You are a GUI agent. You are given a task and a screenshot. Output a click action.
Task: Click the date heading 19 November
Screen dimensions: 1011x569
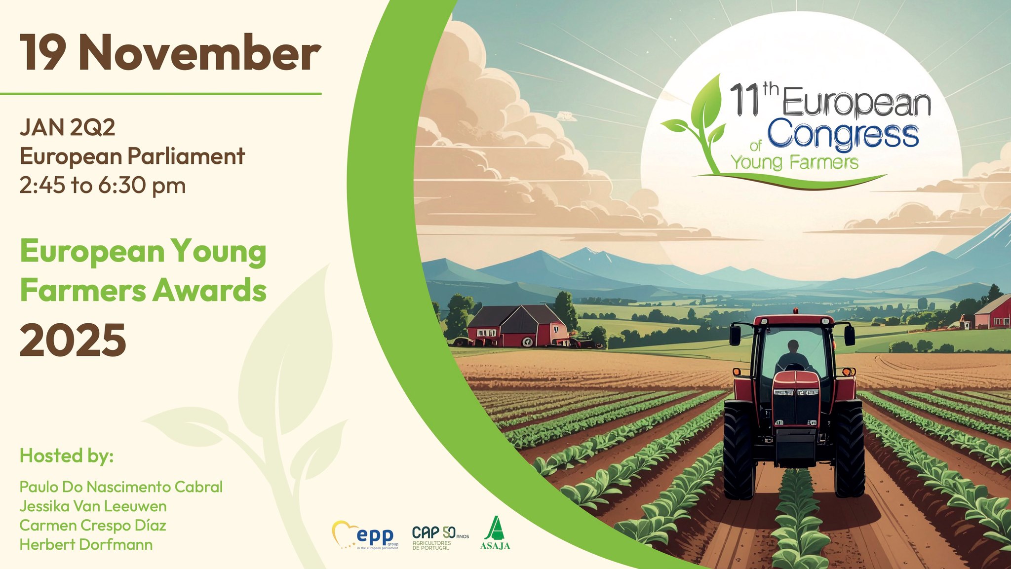tap(170, 53)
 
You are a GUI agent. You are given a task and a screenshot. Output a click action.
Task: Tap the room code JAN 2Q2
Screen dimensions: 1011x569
tap(68, 127)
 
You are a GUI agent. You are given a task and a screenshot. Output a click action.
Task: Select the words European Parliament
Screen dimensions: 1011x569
tap(132, 157)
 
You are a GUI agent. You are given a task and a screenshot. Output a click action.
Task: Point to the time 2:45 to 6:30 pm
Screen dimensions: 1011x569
tap(103, 186)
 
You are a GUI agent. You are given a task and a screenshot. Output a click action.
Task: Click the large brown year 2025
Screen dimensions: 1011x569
tap(73, 340)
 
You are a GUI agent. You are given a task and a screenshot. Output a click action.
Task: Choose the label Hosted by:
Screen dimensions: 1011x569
tap(67, 456)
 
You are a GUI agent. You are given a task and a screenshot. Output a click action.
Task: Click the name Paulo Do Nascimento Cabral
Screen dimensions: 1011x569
tap(121, 487)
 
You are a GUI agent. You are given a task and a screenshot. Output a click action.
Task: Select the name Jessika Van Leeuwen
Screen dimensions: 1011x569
tap(93, 506)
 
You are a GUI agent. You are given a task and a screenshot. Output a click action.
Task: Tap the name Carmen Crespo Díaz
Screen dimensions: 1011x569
tap(93, 526)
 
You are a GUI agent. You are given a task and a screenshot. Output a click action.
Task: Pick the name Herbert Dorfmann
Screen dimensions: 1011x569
tap(86, 545)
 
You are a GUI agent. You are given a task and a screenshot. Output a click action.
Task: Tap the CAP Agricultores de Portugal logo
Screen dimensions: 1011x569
tap(440, 537)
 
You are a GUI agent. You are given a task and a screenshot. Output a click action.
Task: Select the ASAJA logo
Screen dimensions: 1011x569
tap(495, 533)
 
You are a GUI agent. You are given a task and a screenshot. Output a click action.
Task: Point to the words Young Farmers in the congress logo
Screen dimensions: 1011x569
tap(795, 162)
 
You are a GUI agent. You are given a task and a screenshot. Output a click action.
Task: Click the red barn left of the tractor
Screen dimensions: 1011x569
tap(518, 325)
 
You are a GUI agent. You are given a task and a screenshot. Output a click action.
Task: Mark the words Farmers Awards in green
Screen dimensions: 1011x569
tap(143, 290)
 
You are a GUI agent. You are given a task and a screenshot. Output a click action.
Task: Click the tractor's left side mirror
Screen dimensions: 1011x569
tap(735, 335)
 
